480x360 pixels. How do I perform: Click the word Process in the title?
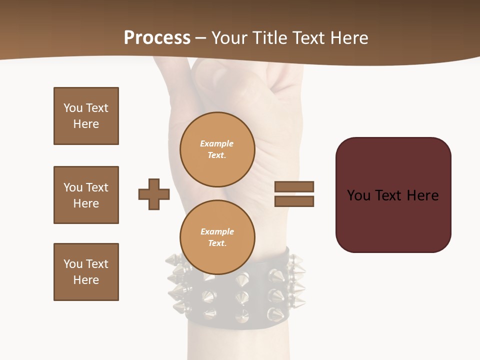point(157,38)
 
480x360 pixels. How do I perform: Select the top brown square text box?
point(86,116)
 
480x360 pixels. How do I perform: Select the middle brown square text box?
point(86,195)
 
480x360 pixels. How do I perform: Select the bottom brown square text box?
point(86,272)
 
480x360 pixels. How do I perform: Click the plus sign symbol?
point(154,194)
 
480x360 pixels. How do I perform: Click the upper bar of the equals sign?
point(294,186)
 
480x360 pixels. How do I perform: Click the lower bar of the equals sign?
point(294,201)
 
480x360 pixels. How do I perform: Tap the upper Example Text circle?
point(217,149)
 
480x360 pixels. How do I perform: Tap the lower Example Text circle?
point(217,237)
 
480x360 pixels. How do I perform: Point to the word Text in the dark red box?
point(389,195)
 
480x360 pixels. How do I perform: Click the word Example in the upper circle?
point(217,143)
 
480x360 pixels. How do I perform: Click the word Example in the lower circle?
point(217,231)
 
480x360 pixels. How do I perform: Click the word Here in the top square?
point(86,124)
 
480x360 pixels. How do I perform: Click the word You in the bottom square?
point(73,264)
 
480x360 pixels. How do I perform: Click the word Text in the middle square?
point(97,187)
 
